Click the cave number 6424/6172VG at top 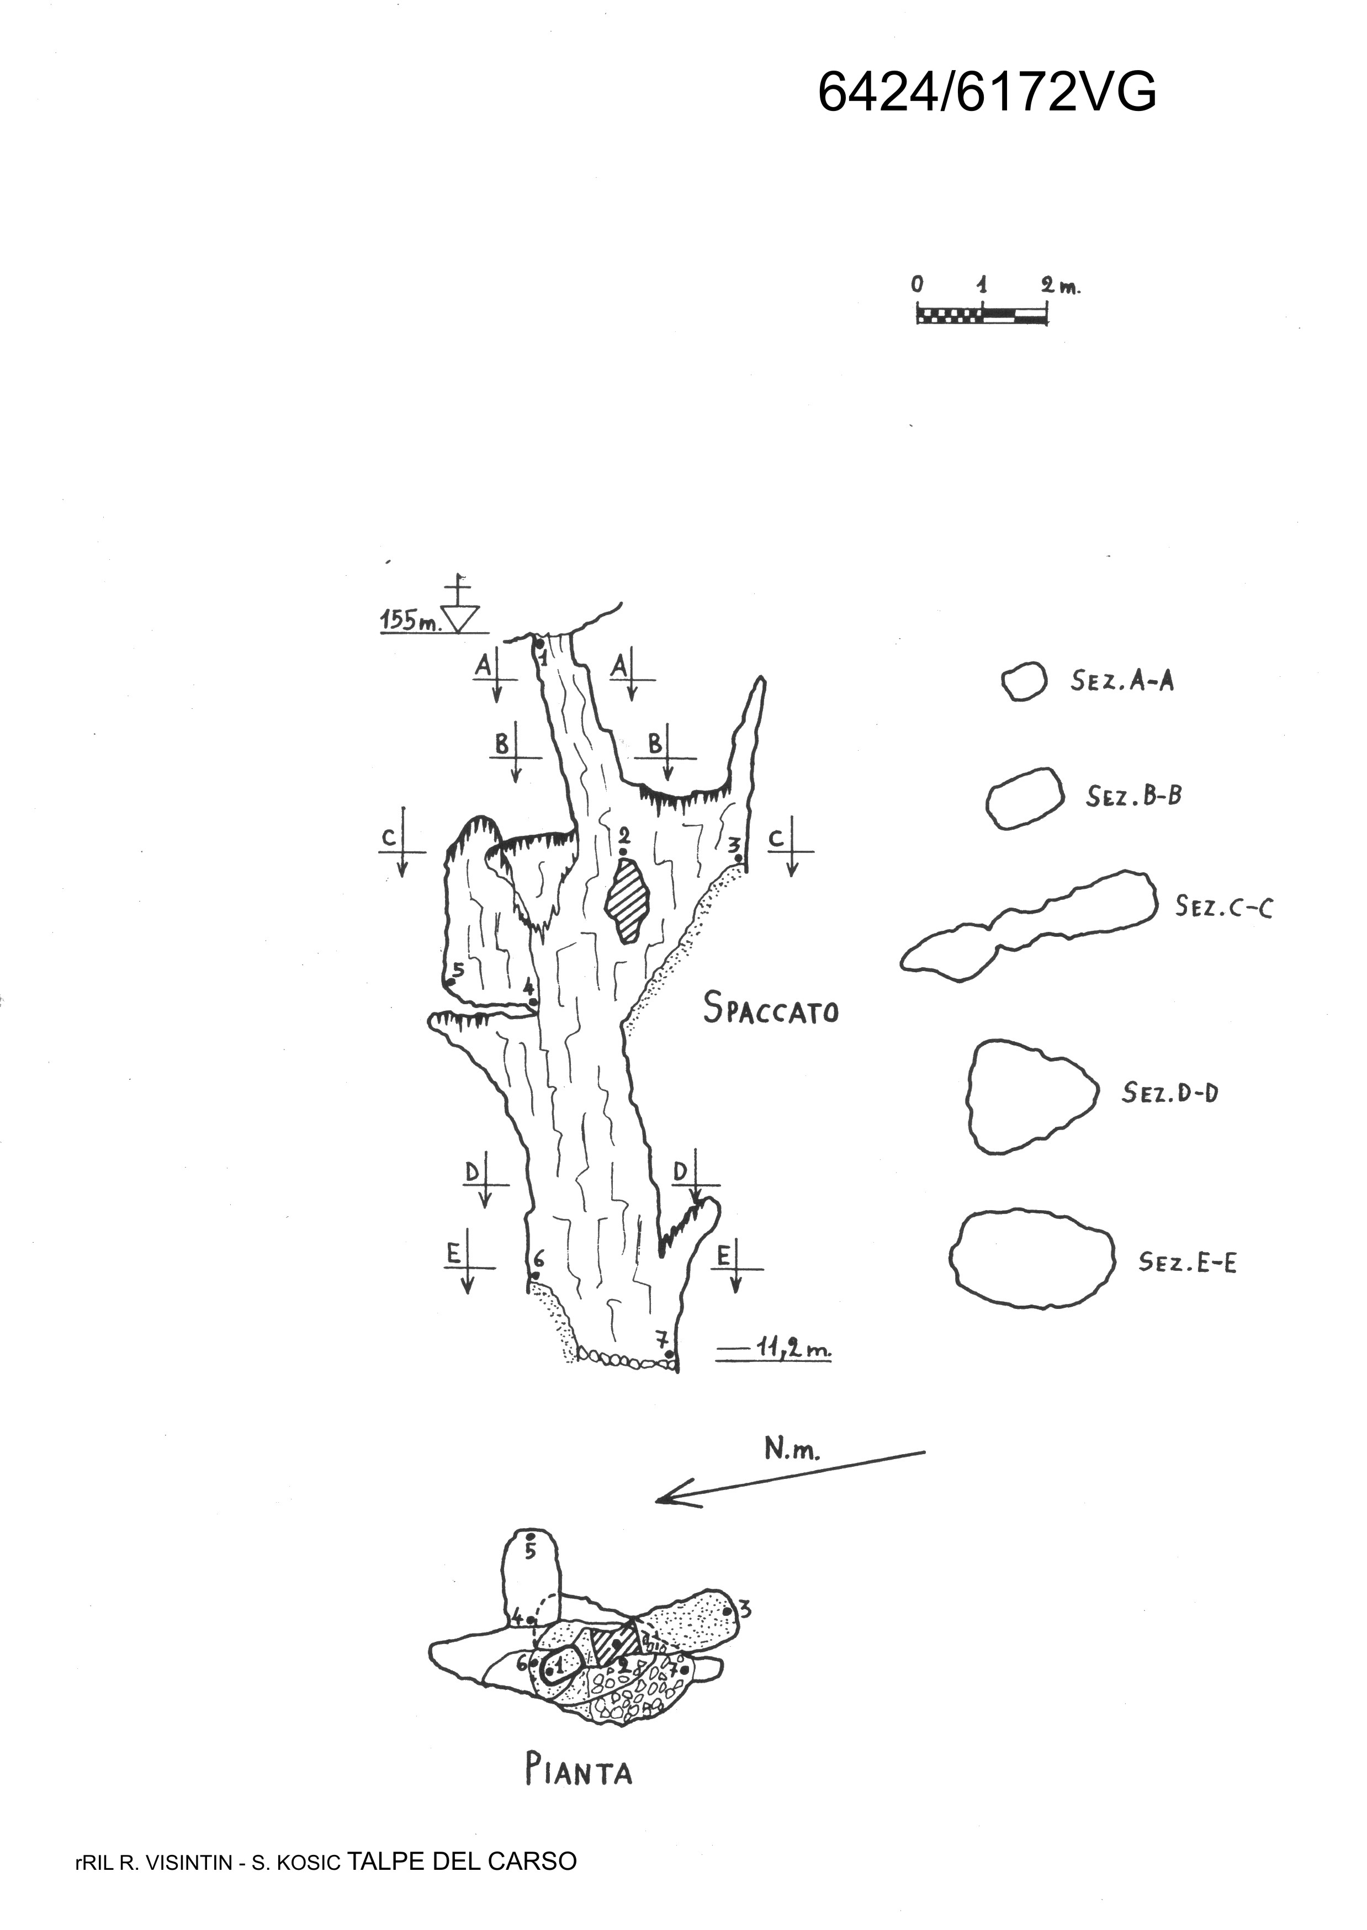click(x=987, y=92)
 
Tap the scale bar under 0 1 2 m click(x=982, y=316)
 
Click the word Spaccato click(x=771, y=1008)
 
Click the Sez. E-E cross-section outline click(x=1032, y=1260)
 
